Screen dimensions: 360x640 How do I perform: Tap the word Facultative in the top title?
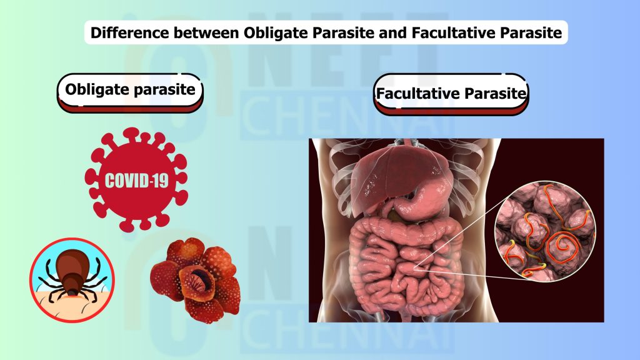tap(431, 32)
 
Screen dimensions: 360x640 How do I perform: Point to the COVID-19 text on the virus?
tap(136, 182)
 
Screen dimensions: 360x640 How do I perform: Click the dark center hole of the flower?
tap(204, 279)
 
